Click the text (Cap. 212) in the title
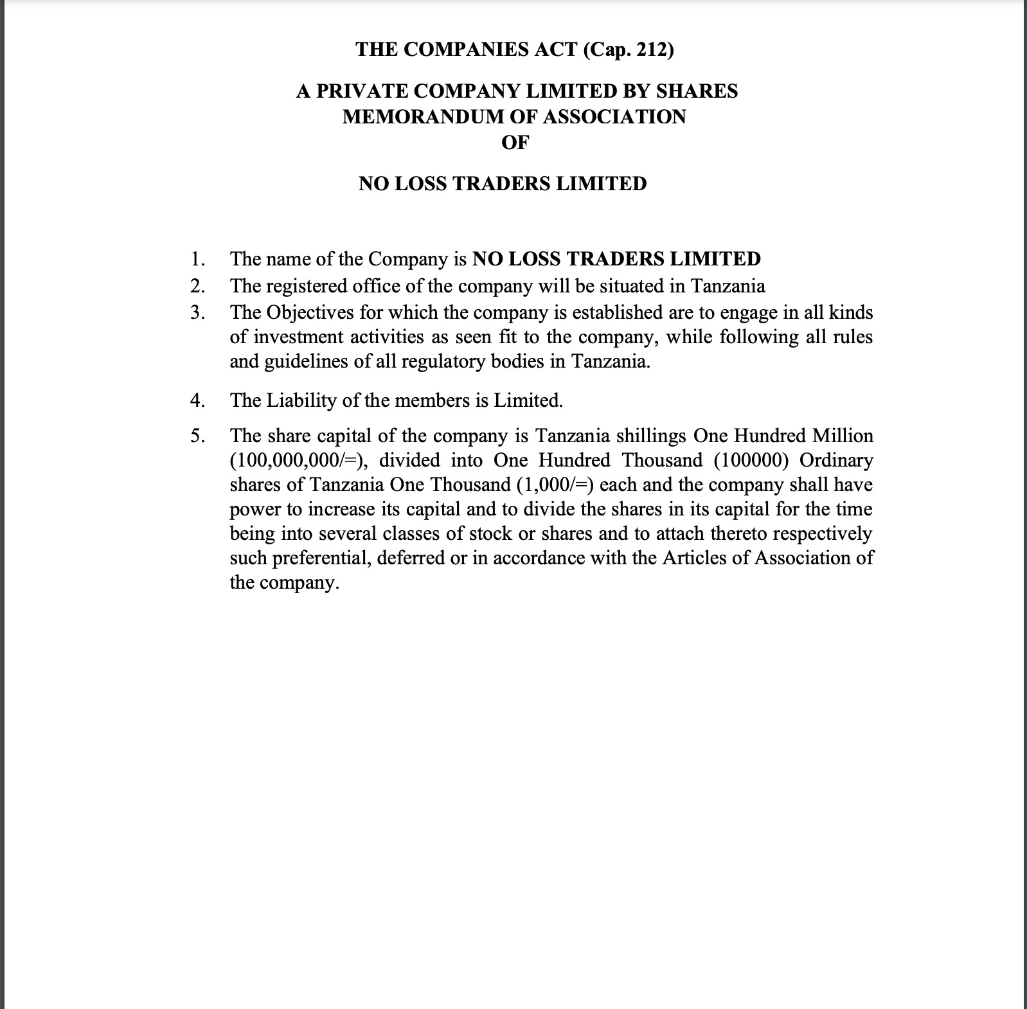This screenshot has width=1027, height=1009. pyautogui.click(x=628, y=49)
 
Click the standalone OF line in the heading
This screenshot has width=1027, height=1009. pyautogui.click(x=515, y=143)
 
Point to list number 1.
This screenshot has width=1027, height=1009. pyautogui.click(x=197, y=260)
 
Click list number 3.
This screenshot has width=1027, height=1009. pyautogui.click(x=197, y=313)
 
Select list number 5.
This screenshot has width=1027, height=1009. pyautogui.click(x=197, y=436)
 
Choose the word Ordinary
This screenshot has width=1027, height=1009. pyautogui.click(x=836, y=461)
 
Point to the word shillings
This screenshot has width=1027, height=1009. pyautogui.click(x=650, y=436)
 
